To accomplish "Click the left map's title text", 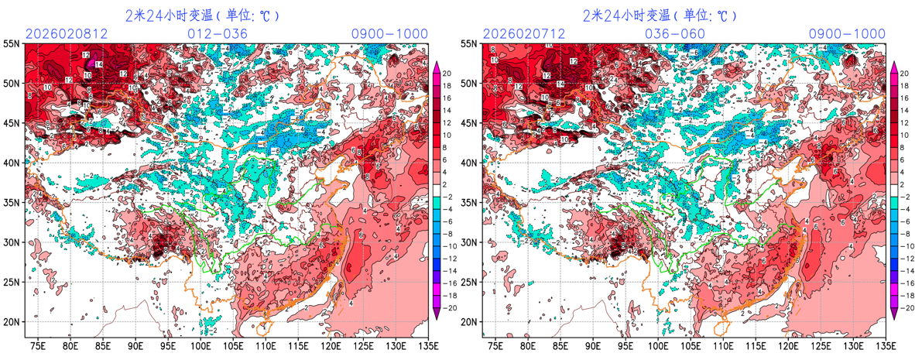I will [x=202, y=15].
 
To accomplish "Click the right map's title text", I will [x=660, y=15].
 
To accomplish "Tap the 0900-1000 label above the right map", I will [x=847, y=34].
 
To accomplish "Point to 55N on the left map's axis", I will [x=12, y=43].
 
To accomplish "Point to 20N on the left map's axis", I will [x=12, y=322].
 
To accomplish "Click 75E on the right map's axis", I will [x=495, y=345].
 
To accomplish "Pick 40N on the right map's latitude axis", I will [x=469, y=163].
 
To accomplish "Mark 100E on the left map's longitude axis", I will [x=200, y=345].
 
